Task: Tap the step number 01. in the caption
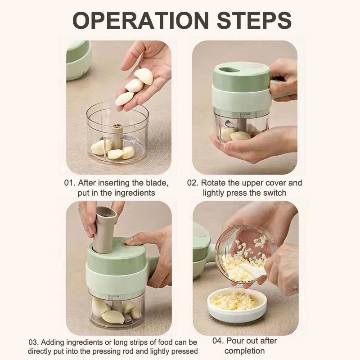pyautogui.click(x=70, y=183)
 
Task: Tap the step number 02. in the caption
pyautogui.click(x=193, y=183)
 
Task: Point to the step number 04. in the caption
pyautogui.click(x=218, y=341)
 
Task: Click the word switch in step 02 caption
pyautogui.click(x=273, y=193)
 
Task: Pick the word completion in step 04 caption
pyautogui.click(x=244, y=351)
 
